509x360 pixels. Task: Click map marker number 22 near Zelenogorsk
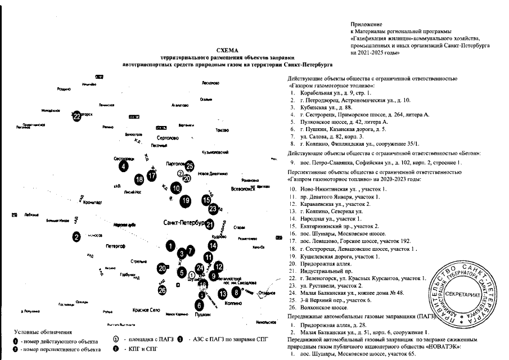pyautogui.click(x=77, y=116)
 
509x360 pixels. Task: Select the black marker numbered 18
pyautogui.click(x=139, y=179)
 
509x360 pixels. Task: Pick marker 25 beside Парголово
pyautogui.click(x=190, y=165)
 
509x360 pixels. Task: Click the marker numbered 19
pyautogui.click(x=186, y=200)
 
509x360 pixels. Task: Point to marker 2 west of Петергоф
pyautogui.click(x=76, y=237)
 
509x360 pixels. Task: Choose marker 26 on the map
pyautogui.click(x=162, y=290)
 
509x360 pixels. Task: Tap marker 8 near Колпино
pyautogui.click(x=236, y=291)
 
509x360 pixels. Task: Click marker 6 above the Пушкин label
pyautogui.click(x=199, y=305)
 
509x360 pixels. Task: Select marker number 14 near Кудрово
pyautogui.click(x=213, y=245)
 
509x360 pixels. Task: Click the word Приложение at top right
pyautogui.click(x=366, y=25)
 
